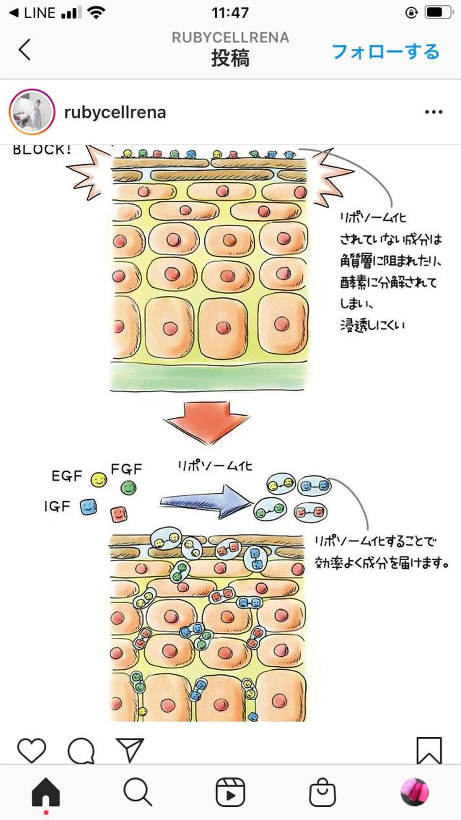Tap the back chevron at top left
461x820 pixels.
(x=25, y=50)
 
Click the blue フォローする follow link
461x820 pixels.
(x=386, y=52)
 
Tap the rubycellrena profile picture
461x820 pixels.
(x=32, y=112)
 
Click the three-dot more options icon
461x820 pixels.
(x=434, y=112)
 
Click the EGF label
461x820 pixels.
(x=67, y=476)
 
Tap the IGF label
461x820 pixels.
(x=57, y=506)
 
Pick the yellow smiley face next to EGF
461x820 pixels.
(x=99, y=480)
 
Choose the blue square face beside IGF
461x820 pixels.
(x=88, y=507)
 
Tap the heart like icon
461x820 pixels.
(x=31, y=750)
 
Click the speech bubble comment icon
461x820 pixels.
(x=81, y=751)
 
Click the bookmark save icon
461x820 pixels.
(x=429, y=750)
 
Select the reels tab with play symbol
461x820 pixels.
(x=230, y=792)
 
